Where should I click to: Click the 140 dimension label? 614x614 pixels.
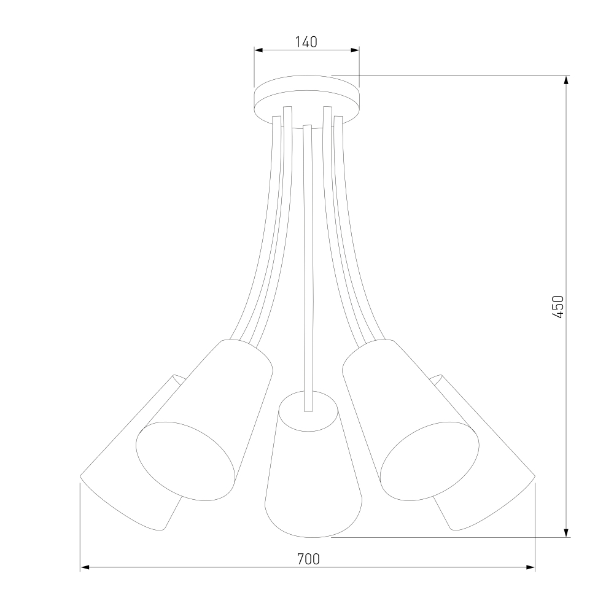pos(306,42)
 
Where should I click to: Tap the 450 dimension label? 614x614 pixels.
pos(558,306)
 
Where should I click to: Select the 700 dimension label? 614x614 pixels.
pos(308,559)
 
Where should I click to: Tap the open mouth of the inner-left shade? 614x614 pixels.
pos(185,461)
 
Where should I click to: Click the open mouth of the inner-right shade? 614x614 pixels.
pos(430,461)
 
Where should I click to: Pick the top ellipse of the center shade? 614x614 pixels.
pos(308,411)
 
